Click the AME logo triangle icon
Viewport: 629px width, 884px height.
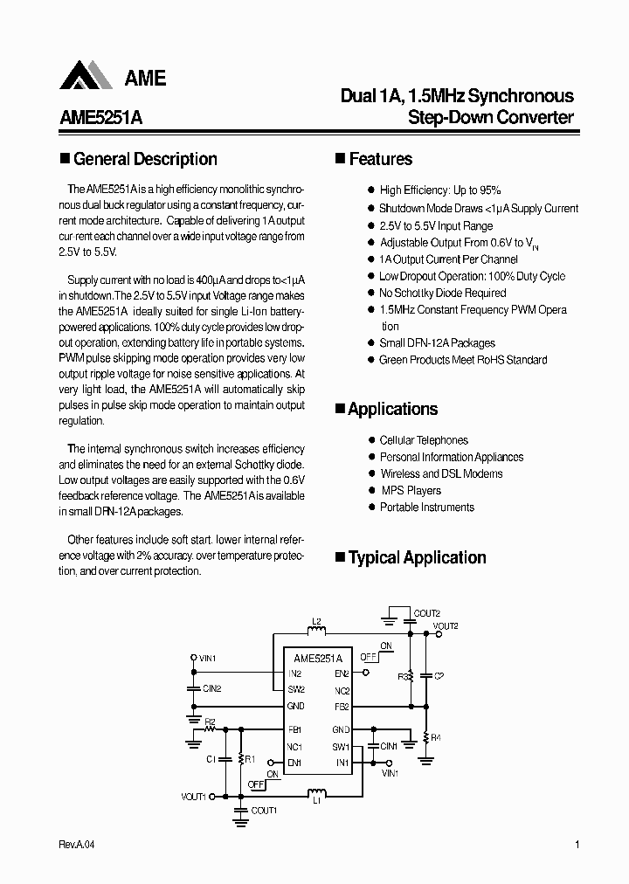point(86,76)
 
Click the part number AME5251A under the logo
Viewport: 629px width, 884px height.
point(100,117)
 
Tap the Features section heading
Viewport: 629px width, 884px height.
point(380,159)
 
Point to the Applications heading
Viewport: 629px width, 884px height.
point(392,409)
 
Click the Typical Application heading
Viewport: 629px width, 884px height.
point(417,557)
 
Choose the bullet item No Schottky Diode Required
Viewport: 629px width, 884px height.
point(442,294)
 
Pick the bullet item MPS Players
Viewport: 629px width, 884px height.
point(411,491)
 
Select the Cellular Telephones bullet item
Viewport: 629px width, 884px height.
point(424,440)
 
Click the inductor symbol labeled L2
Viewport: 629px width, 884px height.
point(317,632)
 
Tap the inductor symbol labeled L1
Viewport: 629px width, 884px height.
point(316,792)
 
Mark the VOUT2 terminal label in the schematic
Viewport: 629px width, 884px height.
point(446,626)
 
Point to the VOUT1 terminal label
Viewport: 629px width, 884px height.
point(194,796)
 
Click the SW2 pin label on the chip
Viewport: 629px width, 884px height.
point(296,689)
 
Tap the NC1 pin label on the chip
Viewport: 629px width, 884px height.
point(294,746)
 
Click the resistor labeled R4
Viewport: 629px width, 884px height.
point(425,738)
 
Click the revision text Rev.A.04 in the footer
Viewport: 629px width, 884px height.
point(78,845)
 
